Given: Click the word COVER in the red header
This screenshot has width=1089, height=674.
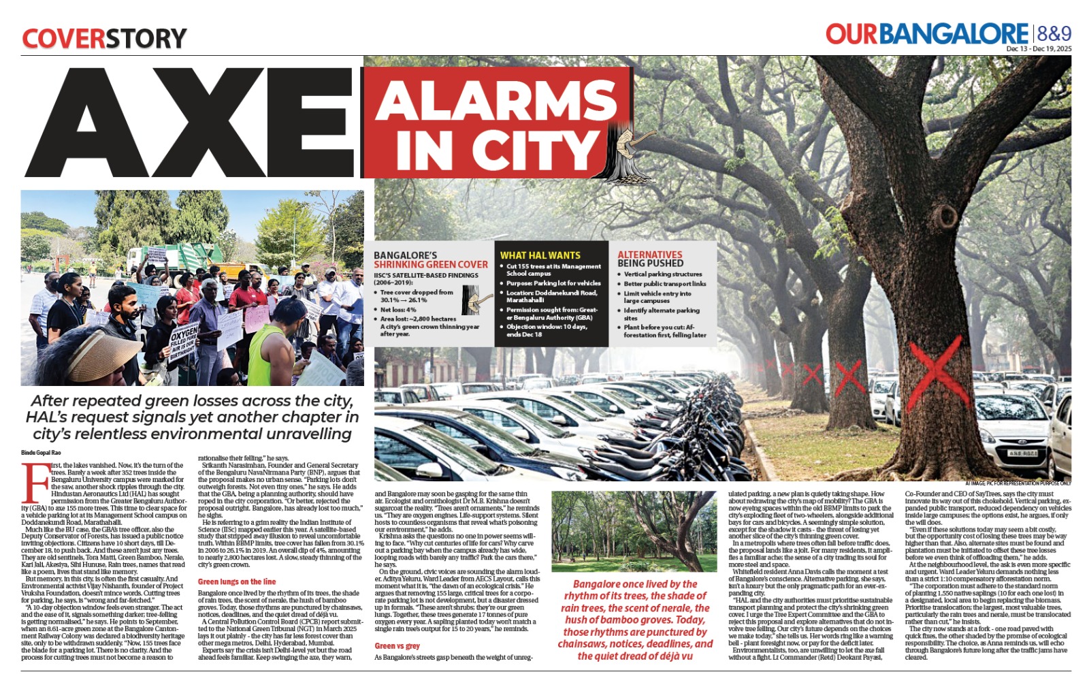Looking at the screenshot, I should [x=63, y=38].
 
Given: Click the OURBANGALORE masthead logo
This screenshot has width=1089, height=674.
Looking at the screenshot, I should [x=926, y=34].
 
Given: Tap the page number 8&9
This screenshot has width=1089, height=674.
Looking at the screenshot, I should [x=1054, y=33].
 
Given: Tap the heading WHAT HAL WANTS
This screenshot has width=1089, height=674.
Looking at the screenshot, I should [x=540, y=255].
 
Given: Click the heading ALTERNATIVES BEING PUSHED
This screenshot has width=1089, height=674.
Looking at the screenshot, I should [x=650, y=259].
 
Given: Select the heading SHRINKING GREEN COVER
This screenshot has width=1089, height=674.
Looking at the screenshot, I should [x=430, y=264].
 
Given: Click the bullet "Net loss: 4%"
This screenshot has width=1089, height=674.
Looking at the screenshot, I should [x=398, y=310].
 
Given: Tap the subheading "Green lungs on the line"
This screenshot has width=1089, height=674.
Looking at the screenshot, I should [x=237, y=581].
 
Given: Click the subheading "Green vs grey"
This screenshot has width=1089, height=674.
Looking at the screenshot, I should [x=397, y=645].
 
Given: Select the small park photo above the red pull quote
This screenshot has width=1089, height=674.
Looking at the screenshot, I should [x=633, y=531].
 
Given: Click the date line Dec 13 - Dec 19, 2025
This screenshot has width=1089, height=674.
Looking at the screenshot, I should [x=1039, y=49].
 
